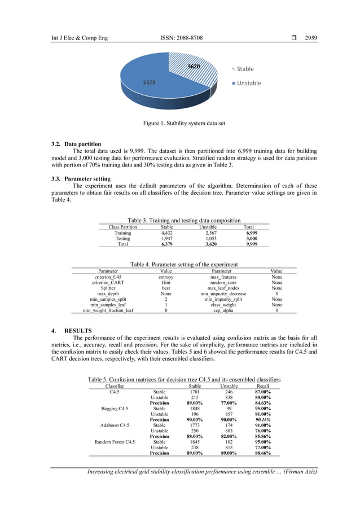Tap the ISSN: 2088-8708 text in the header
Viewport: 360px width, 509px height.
tap(181, 38)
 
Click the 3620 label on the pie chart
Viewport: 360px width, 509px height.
tap(194, 67)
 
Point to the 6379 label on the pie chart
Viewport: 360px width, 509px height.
tap(149, 82)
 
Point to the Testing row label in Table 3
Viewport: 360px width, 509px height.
tap(122, 239)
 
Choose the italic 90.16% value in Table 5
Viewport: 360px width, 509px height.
tap(263, 420)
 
